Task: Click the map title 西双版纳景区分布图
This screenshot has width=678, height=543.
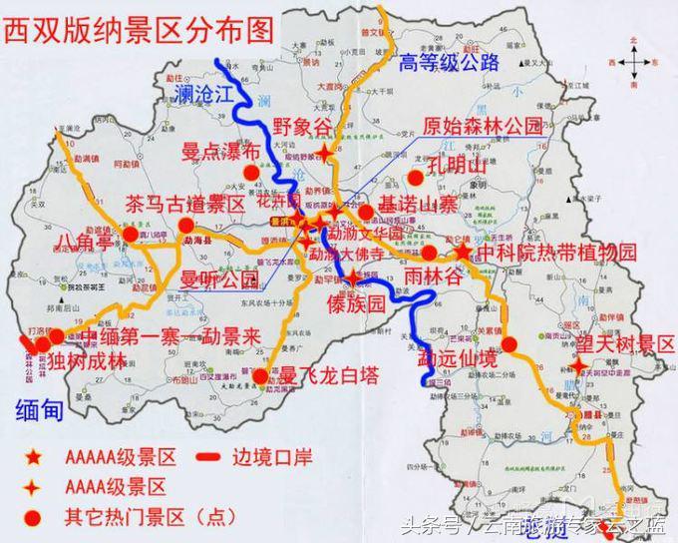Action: [139, 29]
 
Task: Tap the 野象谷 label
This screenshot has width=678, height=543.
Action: [301, 128]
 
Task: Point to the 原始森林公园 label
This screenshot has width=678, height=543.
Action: [484, 127]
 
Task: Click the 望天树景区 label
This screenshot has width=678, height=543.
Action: [626, 345]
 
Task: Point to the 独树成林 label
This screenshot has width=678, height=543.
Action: [89, 361]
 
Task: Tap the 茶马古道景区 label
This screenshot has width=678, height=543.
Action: [185, 204]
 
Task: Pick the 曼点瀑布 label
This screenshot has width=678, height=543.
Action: [221, 152]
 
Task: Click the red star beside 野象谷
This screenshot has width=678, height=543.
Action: [327, 152]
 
